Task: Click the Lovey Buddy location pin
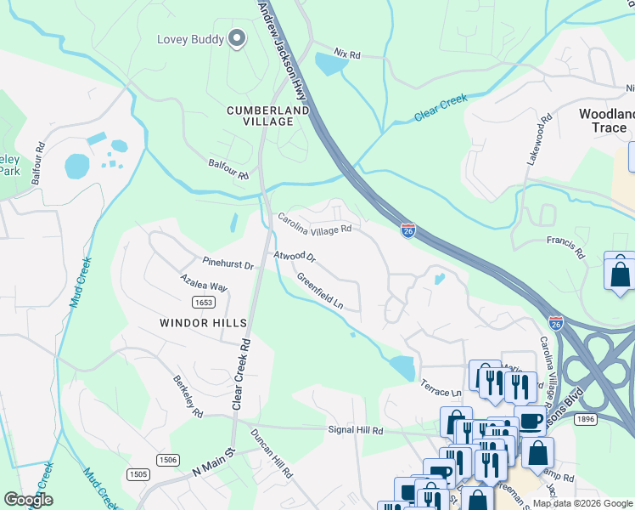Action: pyautogui.click(x=237, y=39)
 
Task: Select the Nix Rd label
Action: pyautogui.click(x=347, y=54)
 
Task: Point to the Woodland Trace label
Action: pyautogui.click(x=606, y=121)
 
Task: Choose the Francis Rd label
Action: pyautogui.click(x=565, y=247)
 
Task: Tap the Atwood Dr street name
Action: pyautogui.click(x=294, y=256)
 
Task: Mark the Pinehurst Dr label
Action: pyautogui.click(x=228, y=264)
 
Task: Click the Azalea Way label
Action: pyautogui.click(x=203, y=282)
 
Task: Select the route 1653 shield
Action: pyautogui.click(x=202, y=302)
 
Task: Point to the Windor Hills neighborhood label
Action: pyautogui.click(x=203, y=323)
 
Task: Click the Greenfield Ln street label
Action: pyautogui.click(x=319, y=290)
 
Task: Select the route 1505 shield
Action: pyautogui.click(x=138, y=474)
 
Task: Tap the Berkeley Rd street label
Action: pyautogui.click(x=188, y=396)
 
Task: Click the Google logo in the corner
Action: pyautogui.click(x=28, y=500)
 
